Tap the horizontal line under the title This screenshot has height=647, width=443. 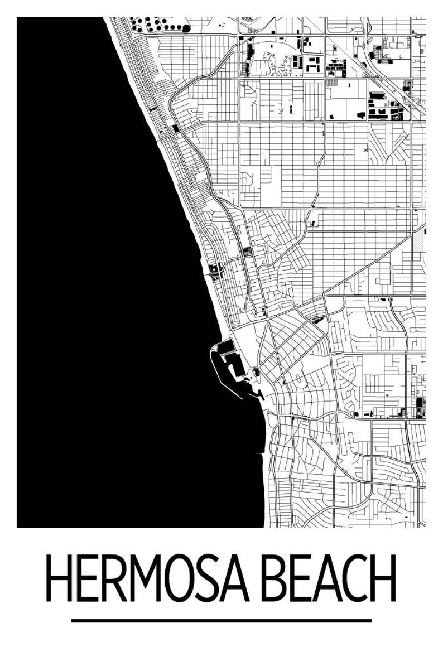coord(222,620)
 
